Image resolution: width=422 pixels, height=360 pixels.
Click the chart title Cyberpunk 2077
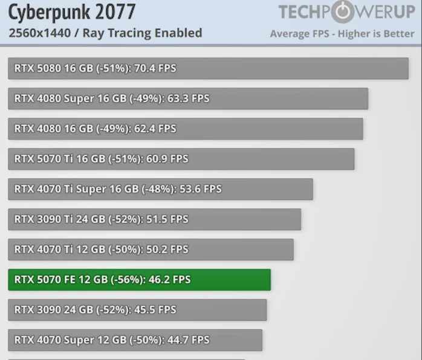(x=72, y=12)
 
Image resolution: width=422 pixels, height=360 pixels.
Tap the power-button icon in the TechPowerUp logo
(x=343, y=11)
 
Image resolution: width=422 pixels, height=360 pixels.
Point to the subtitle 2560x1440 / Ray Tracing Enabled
(x=105, y=33)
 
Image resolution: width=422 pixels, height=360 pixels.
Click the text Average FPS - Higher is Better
(x=342, y=34)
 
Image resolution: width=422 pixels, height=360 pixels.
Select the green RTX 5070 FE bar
(x=140, y=280)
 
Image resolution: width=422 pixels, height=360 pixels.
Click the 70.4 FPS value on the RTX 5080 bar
(x=155, y=68)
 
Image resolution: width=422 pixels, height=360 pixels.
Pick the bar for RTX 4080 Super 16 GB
(x=188, y=98)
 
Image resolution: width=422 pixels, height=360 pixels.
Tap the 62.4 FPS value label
(x=155, y=129)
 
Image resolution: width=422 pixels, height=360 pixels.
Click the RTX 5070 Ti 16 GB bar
(x=181, y=159)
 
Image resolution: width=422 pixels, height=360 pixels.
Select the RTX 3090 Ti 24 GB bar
(x=155, y=219)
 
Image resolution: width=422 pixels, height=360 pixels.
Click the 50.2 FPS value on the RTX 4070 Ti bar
(x=167, y=249)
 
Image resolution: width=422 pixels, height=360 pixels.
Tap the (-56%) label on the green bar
(x=127, y=280)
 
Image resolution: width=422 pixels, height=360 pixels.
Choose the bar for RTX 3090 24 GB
(x=137, y=310)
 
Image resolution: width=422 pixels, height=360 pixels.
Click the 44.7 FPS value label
(x=189, y=340)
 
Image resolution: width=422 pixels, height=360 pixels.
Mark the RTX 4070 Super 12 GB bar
(x=135, y=340)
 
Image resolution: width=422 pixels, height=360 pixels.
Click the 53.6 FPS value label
(x=201, y=189)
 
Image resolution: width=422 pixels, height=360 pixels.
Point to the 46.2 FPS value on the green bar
(x=169, y=280)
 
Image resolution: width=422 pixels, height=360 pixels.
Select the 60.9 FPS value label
(x=167, y=159)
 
